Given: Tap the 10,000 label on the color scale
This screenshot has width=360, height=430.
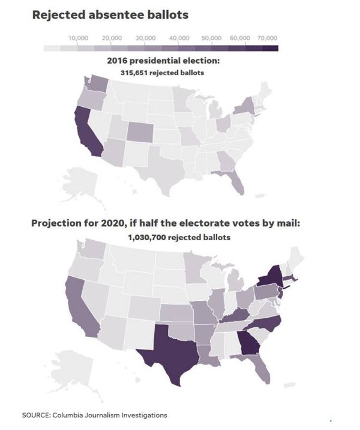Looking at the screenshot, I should tap(79, 38).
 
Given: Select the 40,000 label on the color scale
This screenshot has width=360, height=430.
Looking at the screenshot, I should tap(179, 38).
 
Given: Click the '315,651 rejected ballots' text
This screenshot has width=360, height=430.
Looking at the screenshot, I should tap(162, 72).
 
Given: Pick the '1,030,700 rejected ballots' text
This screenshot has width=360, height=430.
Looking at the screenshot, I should tap(179, 237).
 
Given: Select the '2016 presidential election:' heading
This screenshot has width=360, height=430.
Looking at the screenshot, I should tap(162, 61).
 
